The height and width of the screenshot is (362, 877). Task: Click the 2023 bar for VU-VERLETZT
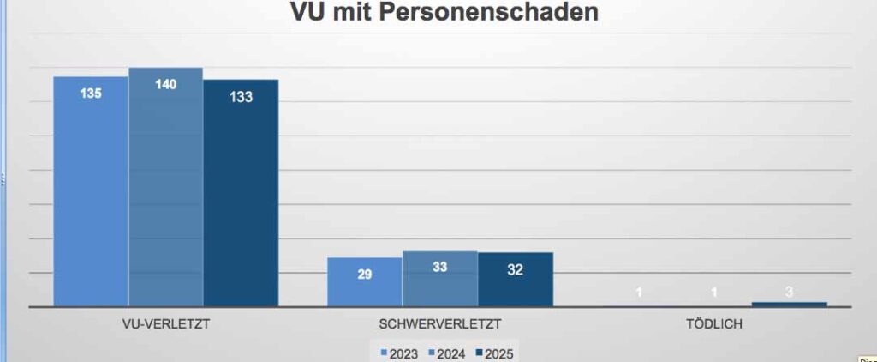coord(91,197)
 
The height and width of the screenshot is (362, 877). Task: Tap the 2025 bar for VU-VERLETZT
coord(241,197)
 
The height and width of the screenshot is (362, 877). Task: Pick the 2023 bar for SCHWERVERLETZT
coord(365,283)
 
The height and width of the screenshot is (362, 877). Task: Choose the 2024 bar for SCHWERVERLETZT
coord(439,283)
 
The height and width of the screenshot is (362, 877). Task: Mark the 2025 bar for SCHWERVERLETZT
coord(515,283)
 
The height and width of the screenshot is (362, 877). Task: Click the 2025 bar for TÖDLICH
coord(789,304)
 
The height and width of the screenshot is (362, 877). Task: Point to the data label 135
coord(91,94)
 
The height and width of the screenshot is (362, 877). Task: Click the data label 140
coord(165,84)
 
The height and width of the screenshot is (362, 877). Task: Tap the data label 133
coord(241,97)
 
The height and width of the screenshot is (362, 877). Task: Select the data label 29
coord(365,274)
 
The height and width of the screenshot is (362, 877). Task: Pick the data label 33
coord(439,267)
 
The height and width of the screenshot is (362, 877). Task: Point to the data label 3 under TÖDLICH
coord(789,292)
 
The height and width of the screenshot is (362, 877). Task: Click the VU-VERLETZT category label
coord(166,324)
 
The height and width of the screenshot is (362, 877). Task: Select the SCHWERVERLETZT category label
coord(439,324)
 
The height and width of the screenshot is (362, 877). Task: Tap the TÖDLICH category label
coord(713,324)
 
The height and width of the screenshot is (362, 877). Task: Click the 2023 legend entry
coord(399,353)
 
